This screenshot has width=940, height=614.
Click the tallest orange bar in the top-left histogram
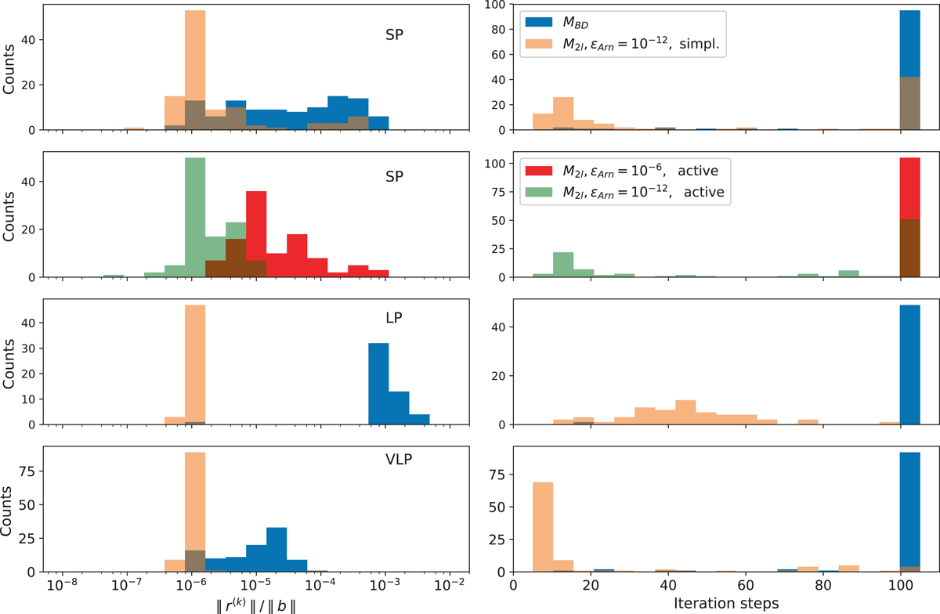coord(195,70)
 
